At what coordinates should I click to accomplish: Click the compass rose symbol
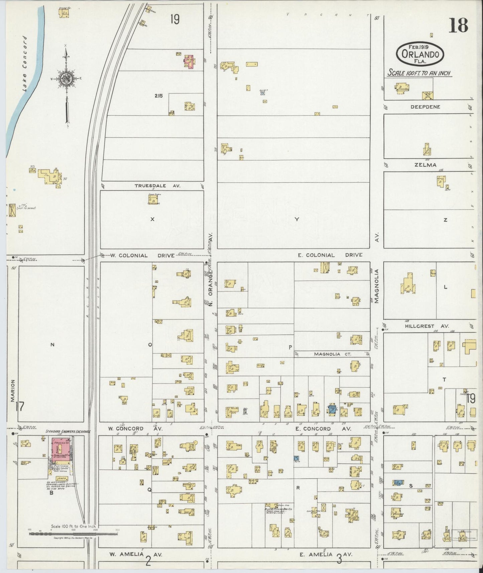pos(66,79)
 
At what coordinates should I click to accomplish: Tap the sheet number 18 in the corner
pos(458,26)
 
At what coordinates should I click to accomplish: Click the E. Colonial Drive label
pos(330,255)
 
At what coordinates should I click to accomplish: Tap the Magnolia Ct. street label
pos(333,354)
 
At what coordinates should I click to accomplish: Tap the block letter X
pos(152,219)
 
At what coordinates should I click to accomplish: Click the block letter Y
pos(296,219)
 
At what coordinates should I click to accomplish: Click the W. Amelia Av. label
pos(136,554)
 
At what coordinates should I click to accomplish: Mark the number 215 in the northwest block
pos(158,96)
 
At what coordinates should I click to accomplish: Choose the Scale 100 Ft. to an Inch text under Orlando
pos(419,73)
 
